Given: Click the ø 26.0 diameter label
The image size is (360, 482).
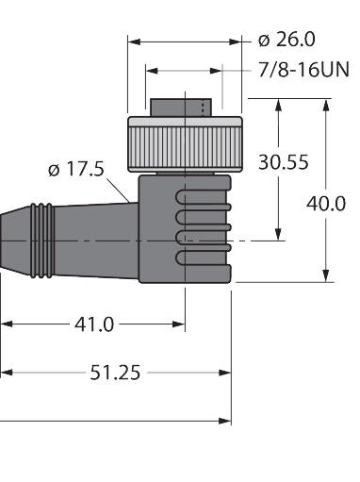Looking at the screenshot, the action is (x=286, y=40).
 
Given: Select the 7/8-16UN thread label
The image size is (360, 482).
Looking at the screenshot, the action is (x=303, y=70).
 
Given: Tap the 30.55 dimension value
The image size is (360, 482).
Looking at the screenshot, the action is (x=284, y=162).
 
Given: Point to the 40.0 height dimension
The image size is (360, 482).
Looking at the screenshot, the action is (x=326, y=204).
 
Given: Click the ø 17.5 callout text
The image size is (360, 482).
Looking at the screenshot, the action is (x=76, y=169).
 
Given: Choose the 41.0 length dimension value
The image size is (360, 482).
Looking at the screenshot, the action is (x=94, y=324).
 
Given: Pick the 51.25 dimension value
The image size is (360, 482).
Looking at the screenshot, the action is (x=115, y=373).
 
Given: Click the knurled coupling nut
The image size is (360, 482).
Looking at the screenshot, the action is (x=185, y=144).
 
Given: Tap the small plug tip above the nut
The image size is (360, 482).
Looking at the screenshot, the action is (x=181, y=108).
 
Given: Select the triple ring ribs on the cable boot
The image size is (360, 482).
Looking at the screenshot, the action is (x=42, y=241).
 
